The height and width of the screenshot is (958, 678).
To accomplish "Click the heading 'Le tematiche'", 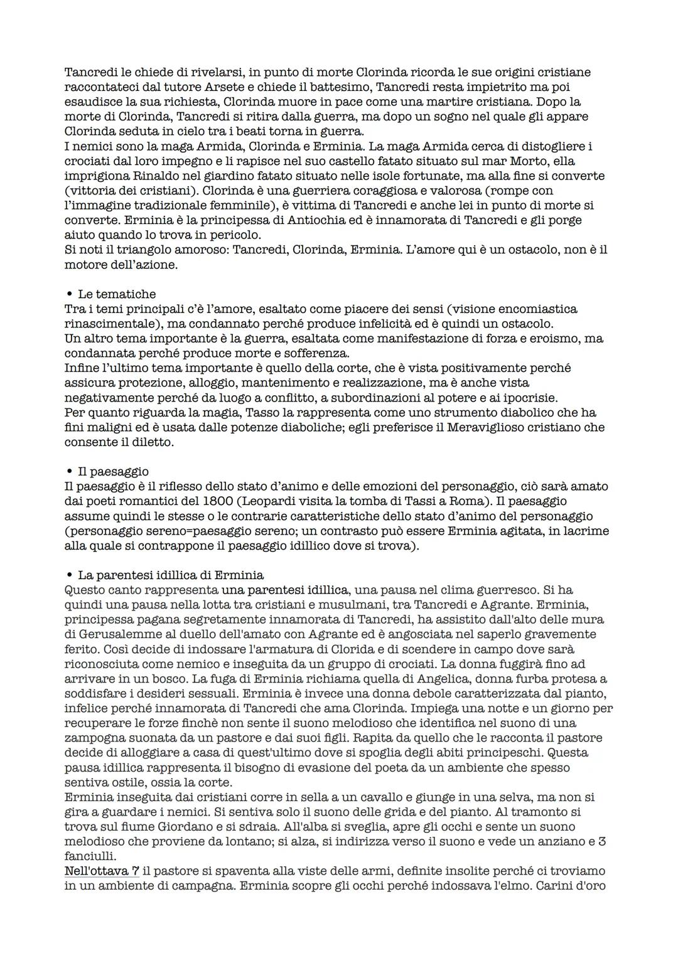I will coord(116,294).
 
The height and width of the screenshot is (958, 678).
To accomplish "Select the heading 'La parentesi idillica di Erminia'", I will coord(170,575).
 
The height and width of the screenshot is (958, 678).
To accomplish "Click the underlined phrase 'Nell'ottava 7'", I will coord(102,871).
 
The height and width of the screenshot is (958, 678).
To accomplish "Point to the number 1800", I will coord(218,501).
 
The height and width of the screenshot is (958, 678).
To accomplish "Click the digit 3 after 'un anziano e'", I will coord(601,842).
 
